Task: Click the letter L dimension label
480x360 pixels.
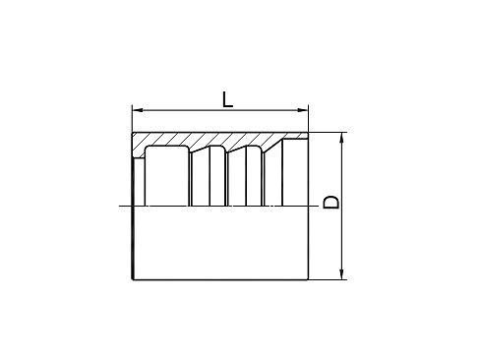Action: (227, 99)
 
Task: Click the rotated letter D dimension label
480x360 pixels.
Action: (330, 203)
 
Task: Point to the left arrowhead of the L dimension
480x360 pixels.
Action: (137, 110)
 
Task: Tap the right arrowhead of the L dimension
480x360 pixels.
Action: (304, 110)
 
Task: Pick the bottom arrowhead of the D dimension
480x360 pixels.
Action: (341, 274)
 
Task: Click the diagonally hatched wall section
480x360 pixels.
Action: (216, 142)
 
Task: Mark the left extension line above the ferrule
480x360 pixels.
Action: (132, 119)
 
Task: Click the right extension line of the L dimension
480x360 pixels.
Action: (309, 119)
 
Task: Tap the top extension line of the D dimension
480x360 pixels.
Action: (328, 133)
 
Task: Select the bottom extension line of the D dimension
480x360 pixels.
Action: (328, 279)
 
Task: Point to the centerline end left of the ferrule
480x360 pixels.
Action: (119, 206)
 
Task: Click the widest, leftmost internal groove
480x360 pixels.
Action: (167, 176)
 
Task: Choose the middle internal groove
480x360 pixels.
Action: (217, 176)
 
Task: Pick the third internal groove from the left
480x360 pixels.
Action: (255, 176)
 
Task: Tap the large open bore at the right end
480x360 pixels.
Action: (295, 172)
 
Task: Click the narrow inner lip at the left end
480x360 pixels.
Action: (139, 182)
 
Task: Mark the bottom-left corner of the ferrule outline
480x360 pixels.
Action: (133, 279)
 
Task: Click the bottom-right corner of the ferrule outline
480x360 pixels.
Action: (308, 279)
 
